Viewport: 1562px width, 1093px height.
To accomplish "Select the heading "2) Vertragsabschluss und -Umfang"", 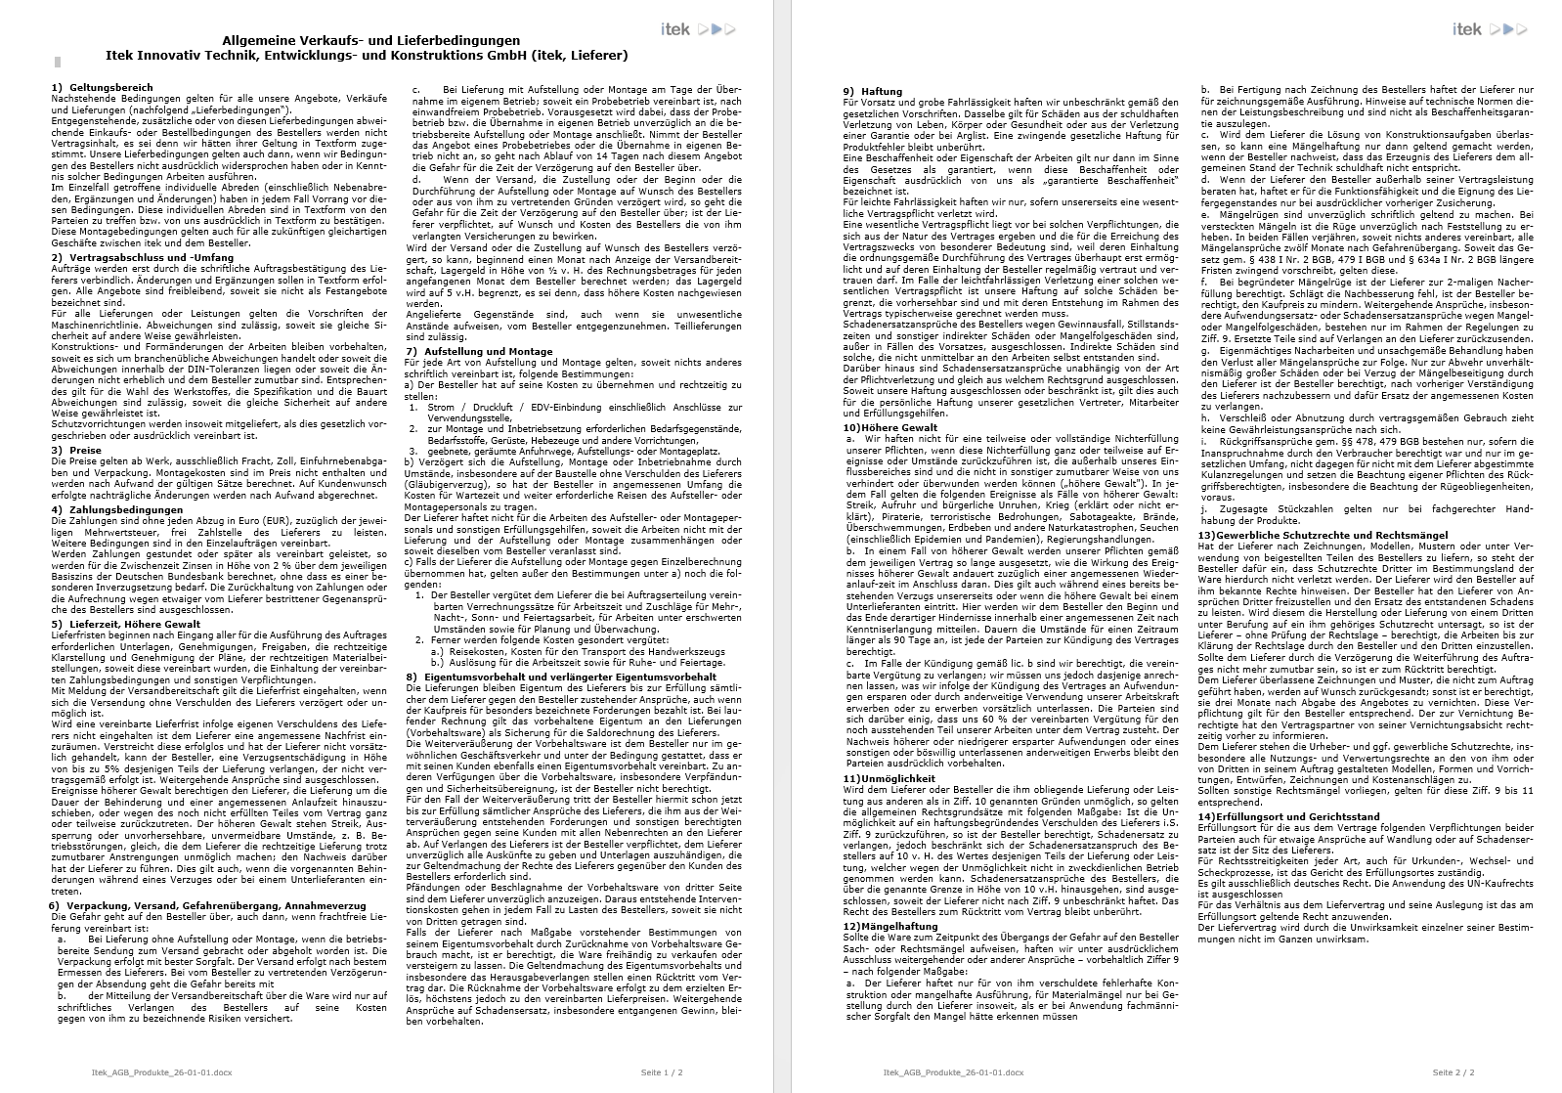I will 143,257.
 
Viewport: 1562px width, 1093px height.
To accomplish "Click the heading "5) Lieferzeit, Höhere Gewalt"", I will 126,624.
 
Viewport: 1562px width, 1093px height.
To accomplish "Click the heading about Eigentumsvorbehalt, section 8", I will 561,676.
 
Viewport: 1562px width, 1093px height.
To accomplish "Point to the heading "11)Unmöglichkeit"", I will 889,778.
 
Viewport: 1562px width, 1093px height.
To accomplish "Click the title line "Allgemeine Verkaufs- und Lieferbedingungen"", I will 371,41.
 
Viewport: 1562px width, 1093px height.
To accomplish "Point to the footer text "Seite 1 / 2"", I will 661,1071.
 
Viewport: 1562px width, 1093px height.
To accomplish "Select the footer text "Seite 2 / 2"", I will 1454,1071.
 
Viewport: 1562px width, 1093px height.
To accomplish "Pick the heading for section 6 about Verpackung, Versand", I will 207,905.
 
